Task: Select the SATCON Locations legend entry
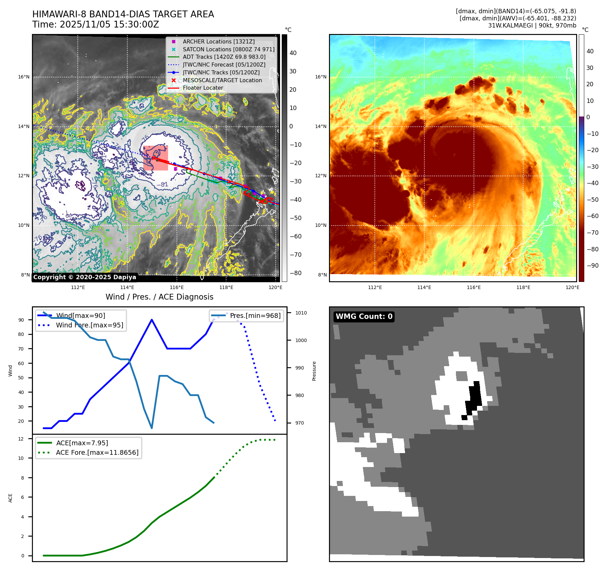(x=228, y=49)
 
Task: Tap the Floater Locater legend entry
(x=203, y=88)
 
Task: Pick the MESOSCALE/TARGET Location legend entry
(x=222, y=80)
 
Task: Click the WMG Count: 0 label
(x=364, y=317)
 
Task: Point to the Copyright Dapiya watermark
(x=85, y=277)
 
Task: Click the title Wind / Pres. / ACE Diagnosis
(x=159, y=297)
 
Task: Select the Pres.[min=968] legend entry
(x=255, y=316)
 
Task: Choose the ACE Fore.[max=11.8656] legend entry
(x=97, y=452)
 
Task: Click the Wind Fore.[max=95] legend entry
(x=90, y=325)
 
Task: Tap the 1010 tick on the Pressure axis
(x=301, y=313)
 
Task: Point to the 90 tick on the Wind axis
(x=21, y=320)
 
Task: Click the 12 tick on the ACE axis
(x=21, y=439)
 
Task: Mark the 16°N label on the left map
(x=24, y=77)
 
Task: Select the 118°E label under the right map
(x=523, y=287)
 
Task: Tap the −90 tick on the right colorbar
(x=592, y=266)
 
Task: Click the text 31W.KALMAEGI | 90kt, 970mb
(x=532, y=25)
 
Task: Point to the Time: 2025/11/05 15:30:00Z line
(x=95, y=24)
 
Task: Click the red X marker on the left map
(x=154, y=158)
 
